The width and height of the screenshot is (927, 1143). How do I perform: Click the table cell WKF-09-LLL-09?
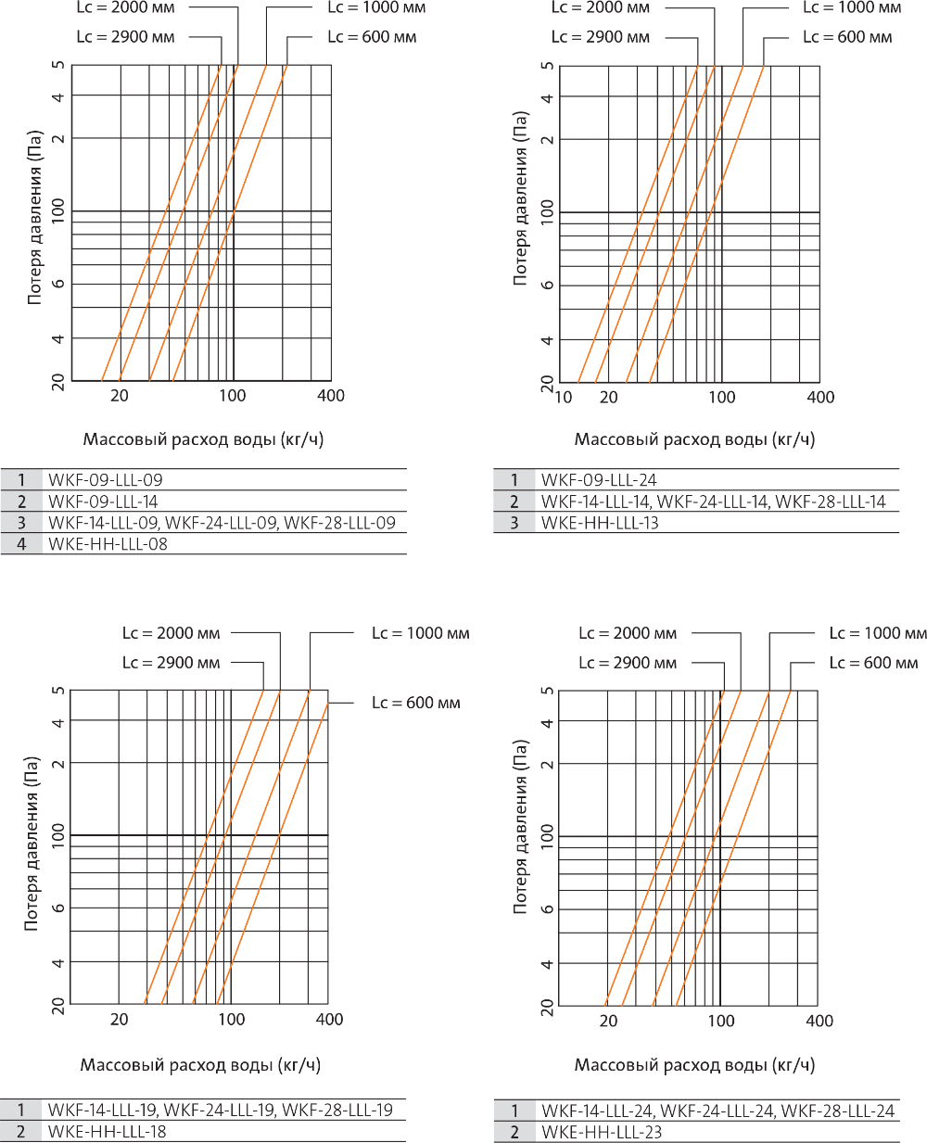(105, 480)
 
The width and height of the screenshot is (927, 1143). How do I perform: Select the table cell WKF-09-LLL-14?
(103, 502)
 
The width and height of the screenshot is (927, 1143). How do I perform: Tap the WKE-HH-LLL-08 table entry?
(108, 544)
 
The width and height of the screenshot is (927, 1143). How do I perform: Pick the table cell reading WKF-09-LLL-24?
(599, 480)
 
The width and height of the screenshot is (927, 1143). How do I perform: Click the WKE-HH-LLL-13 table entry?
(600, 523)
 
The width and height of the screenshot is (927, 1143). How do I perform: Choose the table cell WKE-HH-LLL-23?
(602, 1132)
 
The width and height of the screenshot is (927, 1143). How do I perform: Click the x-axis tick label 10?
(563, 398)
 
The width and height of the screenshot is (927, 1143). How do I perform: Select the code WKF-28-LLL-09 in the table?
(339, 523)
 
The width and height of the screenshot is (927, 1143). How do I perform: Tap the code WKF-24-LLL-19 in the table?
(220, 1111)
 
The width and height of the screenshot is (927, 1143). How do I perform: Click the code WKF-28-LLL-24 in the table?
(838, 1111)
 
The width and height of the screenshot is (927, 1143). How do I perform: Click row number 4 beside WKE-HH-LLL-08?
(21, 544)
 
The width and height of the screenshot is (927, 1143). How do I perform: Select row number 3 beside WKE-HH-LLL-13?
(514, 523)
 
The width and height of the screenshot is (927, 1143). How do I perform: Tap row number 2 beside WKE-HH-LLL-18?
(21, 1132)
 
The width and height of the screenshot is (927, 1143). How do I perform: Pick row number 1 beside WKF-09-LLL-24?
(514, 480)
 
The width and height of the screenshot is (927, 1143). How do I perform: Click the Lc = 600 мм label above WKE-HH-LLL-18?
(416, 703)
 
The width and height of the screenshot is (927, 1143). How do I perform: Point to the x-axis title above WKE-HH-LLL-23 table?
(694, 1065)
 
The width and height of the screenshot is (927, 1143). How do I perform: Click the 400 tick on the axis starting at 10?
(820, 398)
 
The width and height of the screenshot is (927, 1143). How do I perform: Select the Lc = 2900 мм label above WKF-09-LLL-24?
(600, 37)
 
